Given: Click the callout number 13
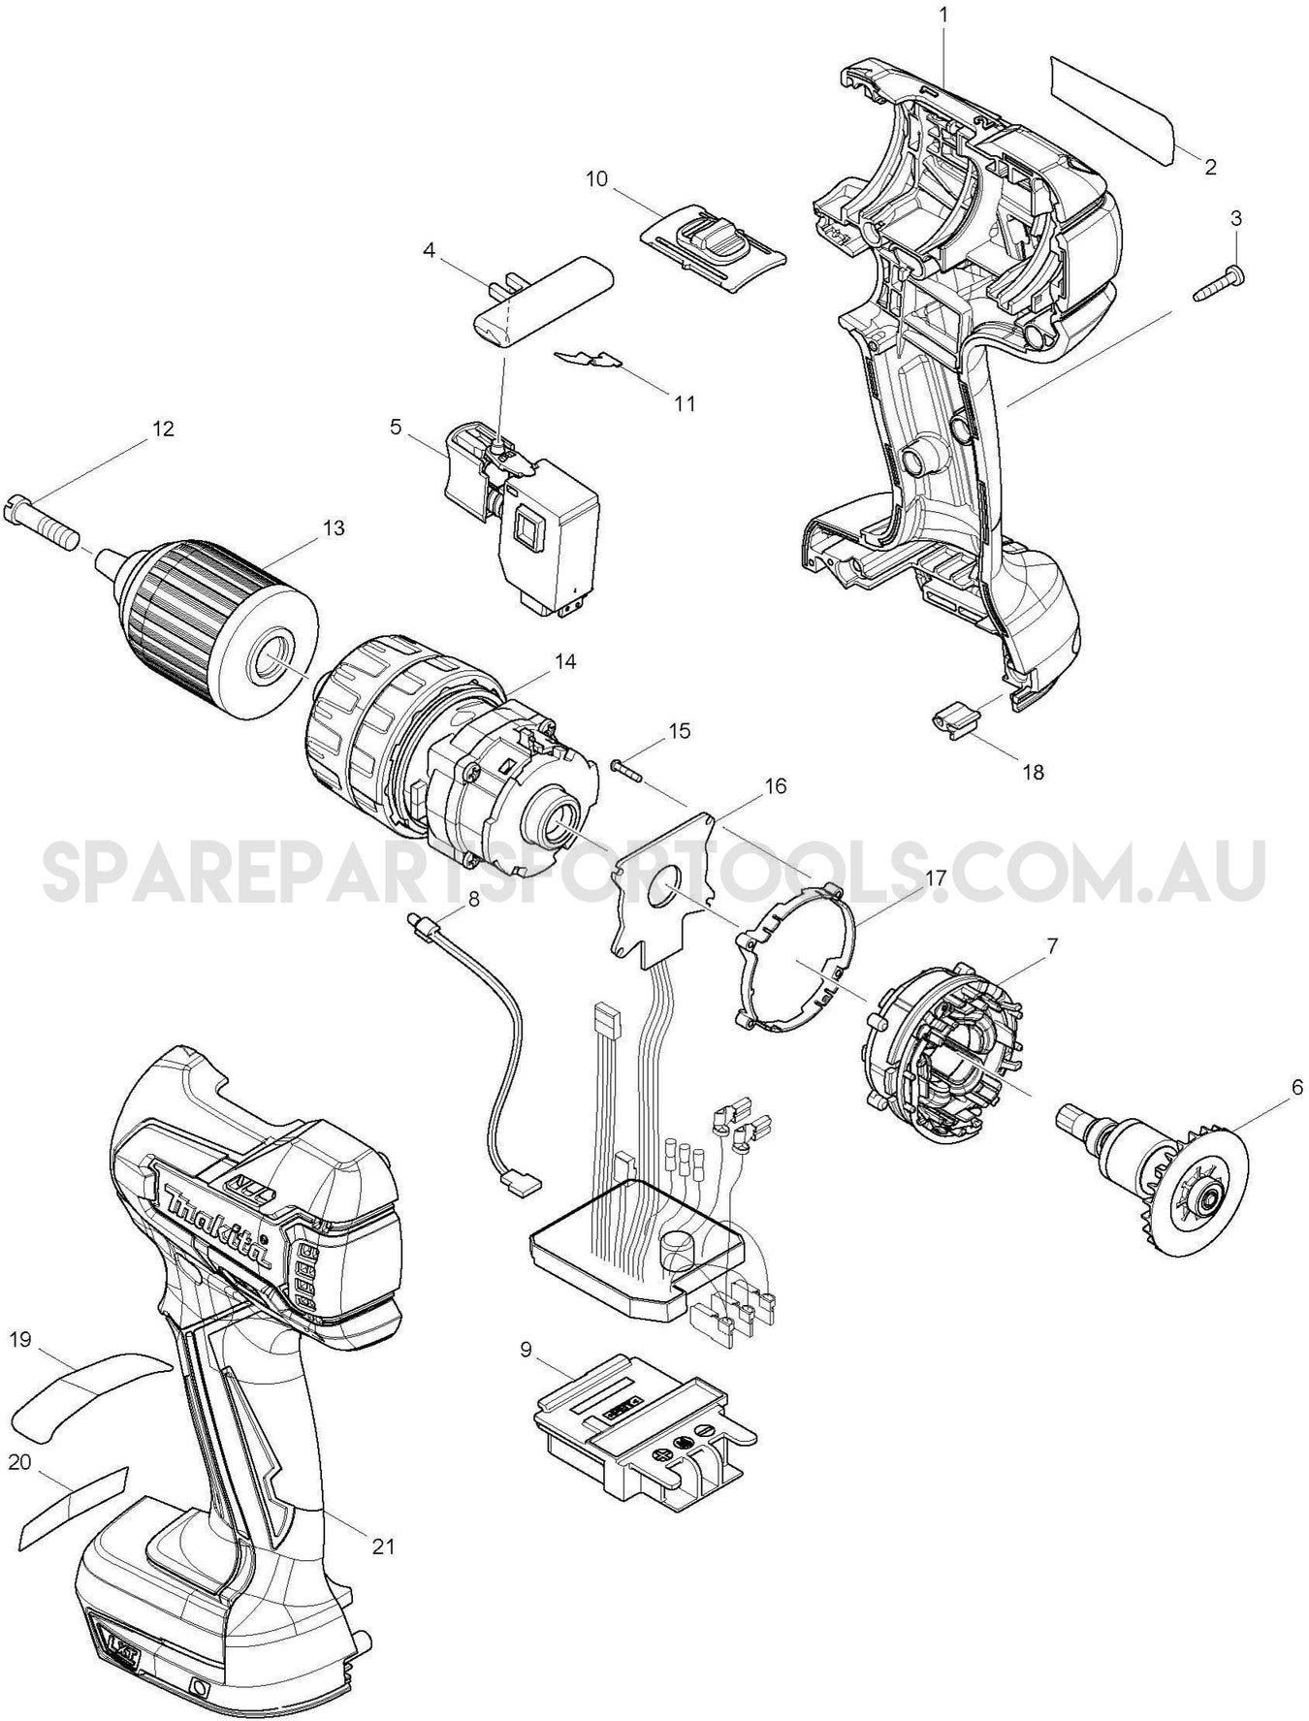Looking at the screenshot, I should click(333, 528).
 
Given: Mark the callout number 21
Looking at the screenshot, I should click(384, 1546).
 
